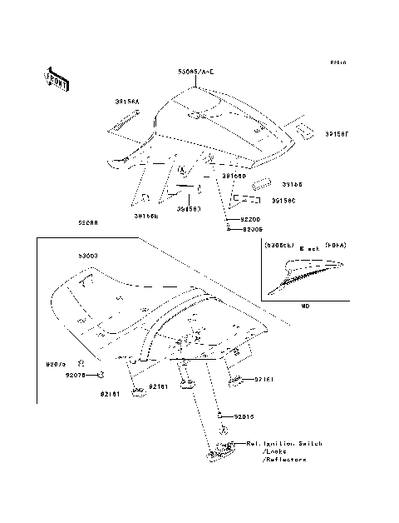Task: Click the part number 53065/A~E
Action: [195, 72]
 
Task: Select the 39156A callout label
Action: [127, 101]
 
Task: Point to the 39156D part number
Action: [234, 176]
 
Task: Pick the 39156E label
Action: [146, 216]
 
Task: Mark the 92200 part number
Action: [251, 218]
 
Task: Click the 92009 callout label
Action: [251, 227]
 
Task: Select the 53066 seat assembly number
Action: [88, 223]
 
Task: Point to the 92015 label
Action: [244, 414]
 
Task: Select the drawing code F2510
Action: [337, 63]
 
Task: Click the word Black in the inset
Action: [308, 248]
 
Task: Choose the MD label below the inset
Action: [305, 306]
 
